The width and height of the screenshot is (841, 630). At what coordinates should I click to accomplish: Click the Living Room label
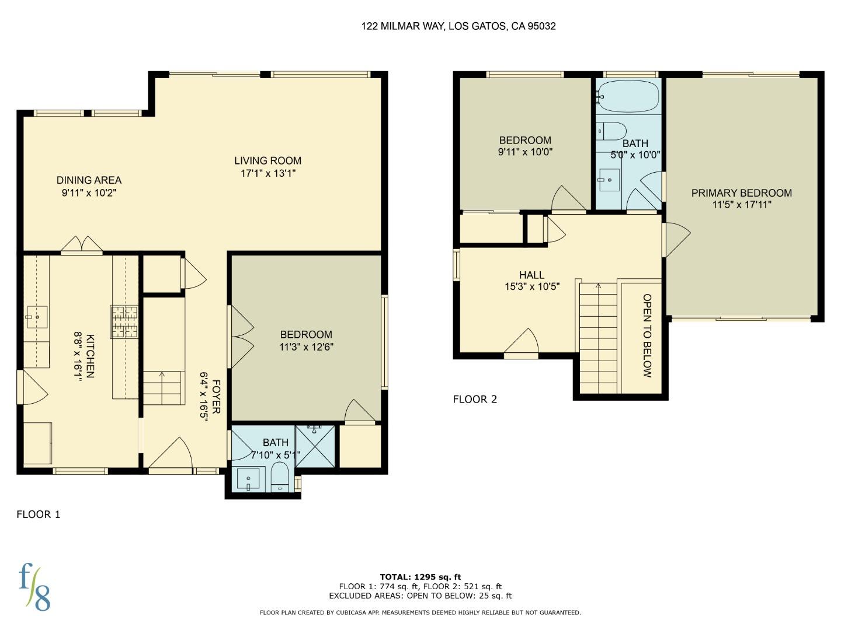267,160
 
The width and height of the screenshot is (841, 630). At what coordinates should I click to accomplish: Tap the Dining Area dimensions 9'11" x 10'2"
89,192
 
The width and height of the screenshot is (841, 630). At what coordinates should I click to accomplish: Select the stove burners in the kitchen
124,322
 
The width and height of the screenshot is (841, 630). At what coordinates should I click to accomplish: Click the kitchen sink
37,317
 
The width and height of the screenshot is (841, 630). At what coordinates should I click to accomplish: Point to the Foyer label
216,397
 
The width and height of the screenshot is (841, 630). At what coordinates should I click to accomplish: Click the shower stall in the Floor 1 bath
316,446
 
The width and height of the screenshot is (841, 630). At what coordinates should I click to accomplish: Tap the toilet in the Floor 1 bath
280,477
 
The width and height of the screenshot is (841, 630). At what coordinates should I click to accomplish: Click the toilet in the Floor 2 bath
612,131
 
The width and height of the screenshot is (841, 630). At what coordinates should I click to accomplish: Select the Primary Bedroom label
741,193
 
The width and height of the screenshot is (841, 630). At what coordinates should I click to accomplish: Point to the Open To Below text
647,335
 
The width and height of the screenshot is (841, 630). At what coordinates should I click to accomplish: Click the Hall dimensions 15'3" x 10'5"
532,286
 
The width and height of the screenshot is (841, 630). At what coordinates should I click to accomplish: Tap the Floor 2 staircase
598,338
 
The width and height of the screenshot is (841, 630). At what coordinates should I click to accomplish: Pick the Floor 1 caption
39,514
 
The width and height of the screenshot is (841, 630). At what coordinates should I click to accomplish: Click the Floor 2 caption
475,399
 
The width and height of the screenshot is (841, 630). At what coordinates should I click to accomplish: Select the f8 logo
34,587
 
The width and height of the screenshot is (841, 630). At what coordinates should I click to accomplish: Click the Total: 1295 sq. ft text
420,577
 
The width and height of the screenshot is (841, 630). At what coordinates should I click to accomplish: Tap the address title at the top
458,26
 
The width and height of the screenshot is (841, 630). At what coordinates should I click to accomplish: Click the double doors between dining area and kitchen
82,245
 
